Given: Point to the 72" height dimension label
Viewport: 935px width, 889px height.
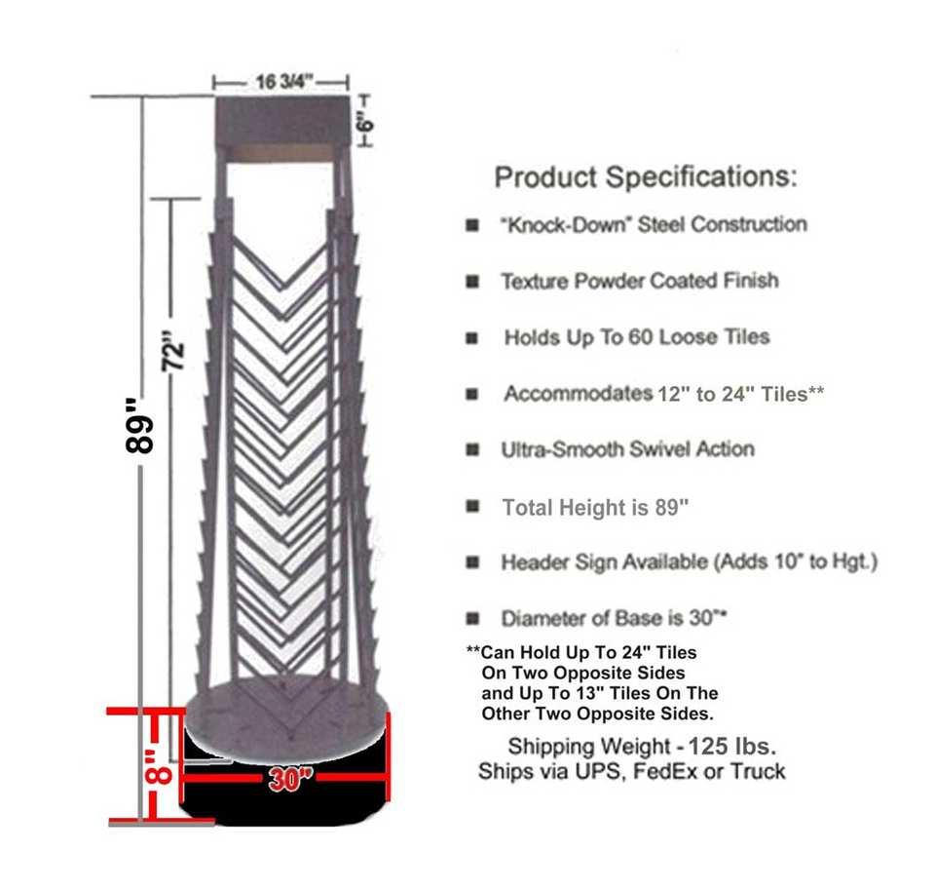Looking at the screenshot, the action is click(172, 352).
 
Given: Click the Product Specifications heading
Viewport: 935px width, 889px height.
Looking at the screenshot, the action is click(646, 177).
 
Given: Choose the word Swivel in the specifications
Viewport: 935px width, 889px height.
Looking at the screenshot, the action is click(657, 449).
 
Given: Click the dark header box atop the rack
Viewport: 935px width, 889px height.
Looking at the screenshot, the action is click(281, 122).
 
